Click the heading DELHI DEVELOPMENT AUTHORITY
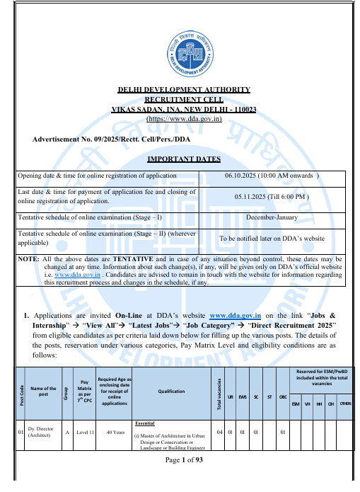(x=183, y=90)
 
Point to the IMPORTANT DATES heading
(x=183, y=159)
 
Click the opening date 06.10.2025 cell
(x=272, y=175)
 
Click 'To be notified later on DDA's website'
(x=272, y=239)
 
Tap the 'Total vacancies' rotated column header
(x=220, y=391)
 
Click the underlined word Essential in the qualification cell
(x=144, y=421)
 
